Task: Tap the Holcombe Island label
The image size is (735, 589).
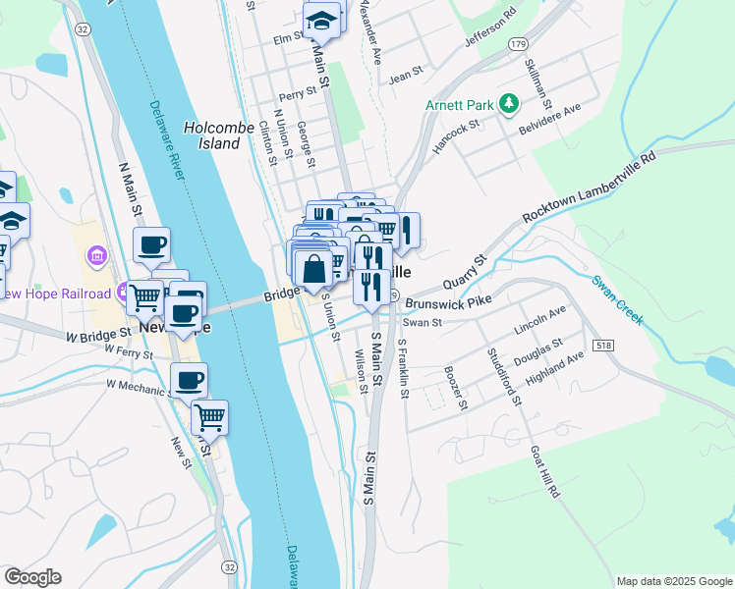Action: (x=212, y=135)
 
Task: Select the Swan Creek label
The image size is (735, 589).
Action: (x=618, y=299)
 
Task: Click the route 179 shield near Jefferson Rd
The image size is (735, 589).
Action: (x=518, y=44)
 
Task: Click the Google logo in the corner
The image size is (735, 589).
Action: (x=32, y=577)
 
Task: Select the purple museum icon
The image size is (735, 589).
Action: (x=97, y=258)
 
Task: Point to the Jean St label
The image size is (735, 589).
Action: (x=405, y=73)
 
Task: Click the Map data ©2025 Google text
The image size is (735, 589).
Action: (x=673, y=581)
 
